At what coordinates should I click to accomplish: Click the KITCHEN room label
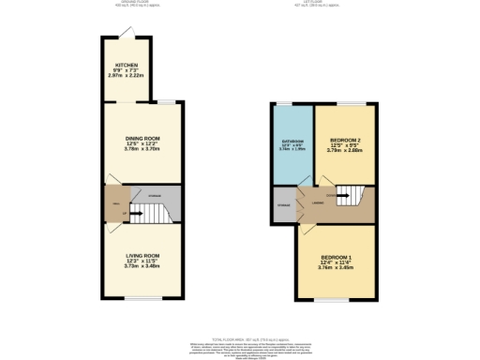tap(126, 66)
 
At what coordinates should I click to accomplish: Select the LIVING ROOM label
tap(143, 255)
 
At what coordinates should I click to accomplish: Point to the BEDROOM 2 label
tap(346, 140)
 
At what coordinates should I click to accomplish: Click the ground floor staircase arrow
tap(138, 212)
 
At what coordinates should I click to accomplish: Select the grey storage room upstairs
tap(282, 205)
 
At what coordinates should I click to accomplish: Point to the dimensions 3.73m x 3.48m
tap(143, 266)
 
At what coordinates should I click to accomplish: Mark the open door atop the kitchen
tap(133, 37)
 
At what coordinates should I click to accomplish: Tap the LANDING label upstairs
tap(319, 201)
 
